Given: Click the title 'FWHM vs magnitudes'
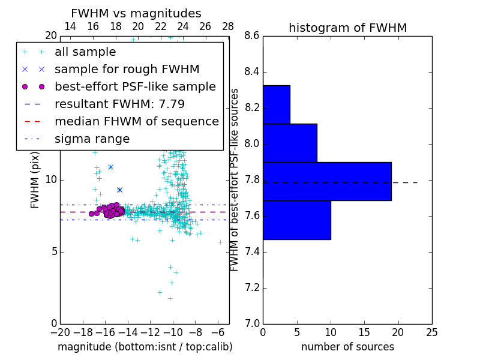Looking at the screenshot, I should click(x=136, y=13).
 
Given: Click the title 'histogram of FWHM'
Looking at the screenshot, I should click(x=347, y=28).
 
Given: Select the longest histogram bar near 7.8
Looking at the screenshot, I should click(x=327, y=181).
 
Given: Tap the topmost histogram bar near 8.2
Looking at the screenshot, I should click(x=276, y=104).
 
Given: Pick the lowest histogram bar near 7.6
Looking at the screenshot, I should click(x=296, y=220).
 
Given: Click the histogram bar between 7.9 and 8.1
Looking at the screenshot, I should click(x=290, y=143).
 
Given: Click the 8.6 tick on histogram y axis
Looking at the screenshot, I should click(x=252, y=36).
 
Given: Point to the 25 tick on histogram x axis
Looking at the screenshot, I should click(x=431, y=332).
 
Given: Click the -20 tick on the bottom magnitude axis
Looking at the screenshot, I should click(x=60, y=332).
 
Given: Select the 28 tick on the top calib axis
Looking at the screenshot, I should click(x=228, y=26).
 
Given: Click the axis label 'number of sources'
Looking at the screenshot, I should click(x=347, y=347).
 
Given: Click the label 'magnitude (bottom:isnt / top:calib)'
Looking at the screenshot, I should click(x=145, y=347).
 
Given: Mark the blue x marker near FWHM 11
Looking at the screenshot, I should click(x=110, y=167).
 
